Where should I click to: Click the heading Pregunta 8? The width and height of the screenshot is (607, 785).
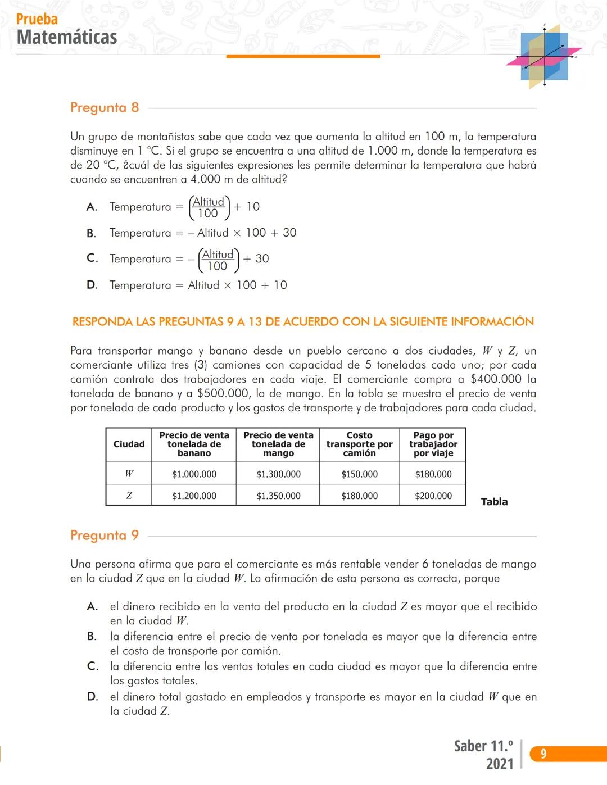click(x=105, y=107)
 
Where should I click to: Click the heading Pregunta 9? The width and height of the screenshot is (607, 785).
click(x=105, y=535)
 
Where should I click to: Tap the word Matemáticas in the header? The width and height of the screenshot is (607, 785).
click(x=67, y=37)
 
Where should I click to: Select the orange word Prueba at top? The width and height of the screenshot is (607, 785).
click(x=37, y=19)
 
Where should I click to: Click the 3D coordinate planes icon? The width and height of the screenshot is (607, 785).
click(x=543, y=57)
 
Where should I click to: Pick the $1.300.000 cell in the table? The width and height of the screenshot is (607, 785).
click(x=278, y=474)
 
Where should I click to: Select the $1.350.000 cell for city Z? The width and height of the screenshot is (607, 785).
click(x=278, y=496)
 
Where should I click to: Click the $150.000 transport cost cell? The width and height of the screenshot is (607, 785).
click(x=359, y=474)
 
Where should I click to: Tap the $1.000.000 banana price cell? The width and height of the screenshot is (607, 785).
click(x=194, y=474)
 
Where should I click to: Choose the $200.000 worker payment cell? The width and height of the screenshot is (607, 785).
click(x=433, y=496)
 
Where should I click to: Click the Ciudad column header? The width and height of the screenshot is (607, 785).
click(x=129, y=444)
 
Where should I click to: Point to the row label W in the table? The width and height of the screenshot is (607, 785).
click(x=129, y=474)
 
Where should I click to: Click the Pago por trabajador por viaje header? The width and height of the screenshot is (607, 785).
click(x=433, y=444)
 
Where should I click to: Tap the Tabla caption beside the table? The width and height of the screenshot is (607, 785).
click(x=494, y=502)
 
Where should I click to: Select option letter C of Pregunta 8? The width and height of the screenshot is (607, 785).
click(x=92, y=258)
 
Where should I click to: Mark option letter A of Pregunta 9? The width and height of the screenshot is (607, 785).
click(x=92, y=606)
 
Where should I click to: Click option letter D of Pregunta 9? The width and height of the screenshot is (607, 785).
click(x=92, y=697)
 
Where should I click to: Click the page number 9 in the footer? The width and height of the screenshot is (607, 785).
click(x=543, y=754)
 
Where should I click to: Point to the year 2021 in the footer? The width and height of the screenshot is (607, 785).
click(x=500, y=764)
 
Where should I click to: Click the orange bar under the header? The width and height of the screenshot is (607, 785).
click(x=303, y=56)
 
